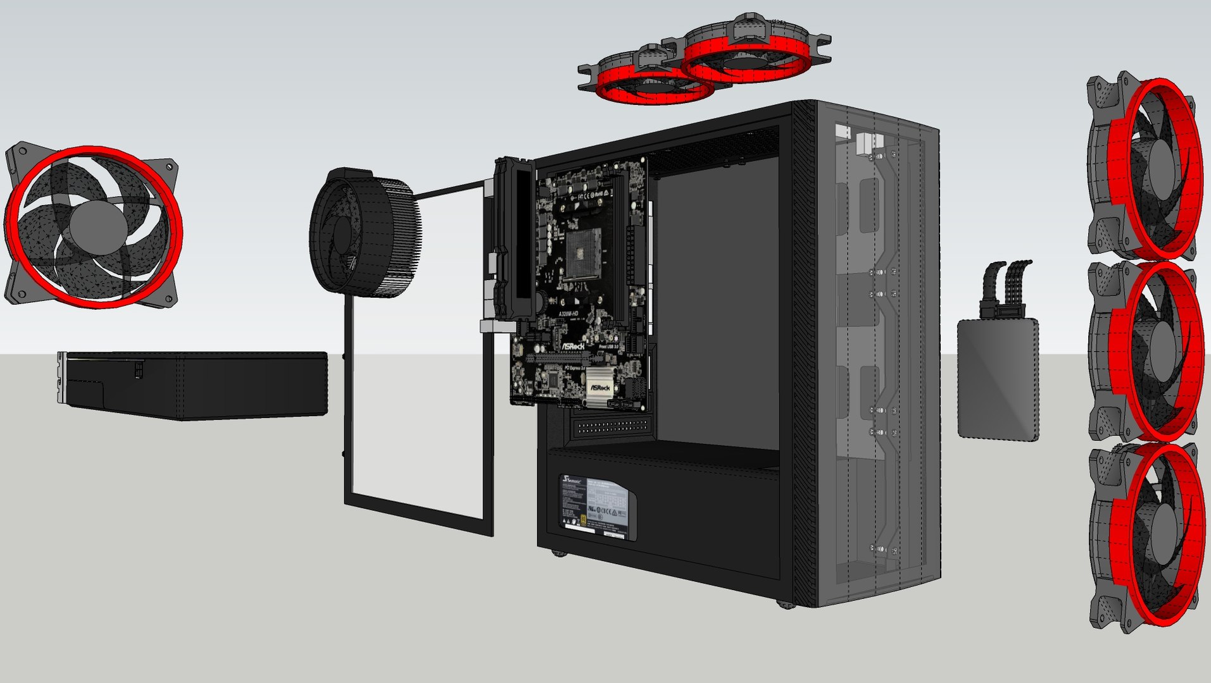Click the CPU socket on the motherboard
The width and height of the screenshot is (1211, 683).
pyautogui.click(x=582, y=253)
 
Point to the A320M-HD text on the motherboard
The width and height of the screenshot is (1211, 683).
pyautogui.click(x=568, y=314)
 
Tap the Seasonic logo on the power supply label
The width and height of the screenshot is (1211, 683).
pyautogui.click(x=572, y=481)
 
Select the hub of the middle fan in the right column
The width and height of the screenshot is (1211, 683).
pyautogui.click(x=1162, y=351)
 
